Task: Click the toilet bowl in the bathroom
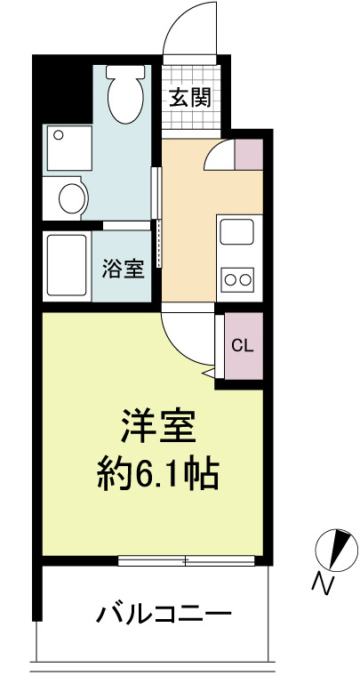coord(124,101)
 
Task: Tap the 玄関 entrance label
coord(190,98)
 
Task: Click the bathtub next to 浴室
coord(67,265)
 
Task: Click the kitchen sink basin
coord(236,231)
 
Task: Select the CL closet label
coord(242,345)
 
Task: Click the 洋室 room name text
coord(158,425)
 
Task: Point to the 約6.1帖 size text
coord(158,473)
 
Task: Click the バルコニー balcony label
coord(164,614)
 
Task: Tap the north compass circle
coord(337,550)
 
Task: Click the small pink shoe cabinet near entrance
coord(249,154)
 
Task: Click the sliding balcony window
coord(187,560)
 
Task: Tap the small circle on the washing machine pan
coord(59,135)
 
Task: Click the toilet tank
coord(125,71)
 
